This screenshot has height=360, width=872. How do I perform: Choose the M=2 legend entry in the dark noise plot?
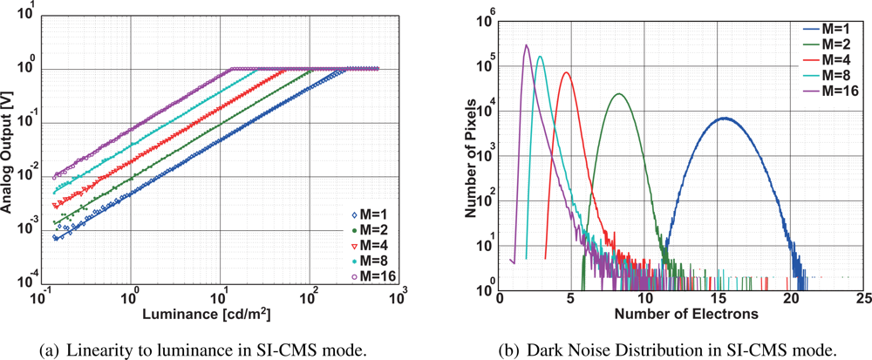[825, 42]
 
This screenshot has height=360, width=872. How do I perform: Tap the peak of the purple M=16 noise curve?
[526, 45]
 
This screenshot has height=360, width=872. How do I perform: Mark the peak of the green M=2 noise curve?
[618, 93]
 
